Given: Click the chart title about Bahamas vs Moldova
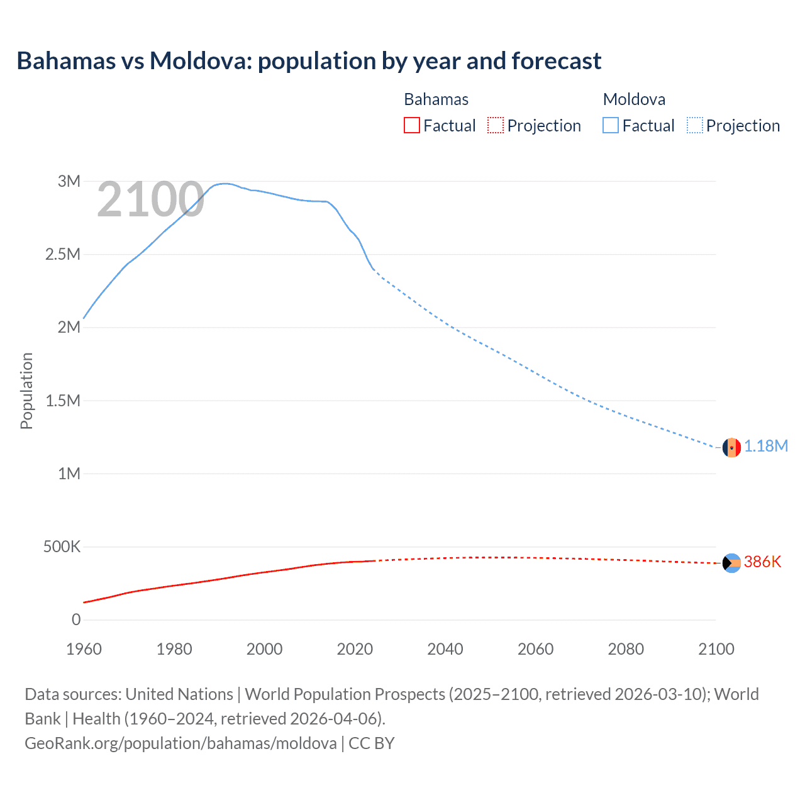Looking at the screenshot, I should (309, 61).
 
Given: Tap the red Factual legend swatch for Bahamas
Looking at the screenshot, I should (411, 125).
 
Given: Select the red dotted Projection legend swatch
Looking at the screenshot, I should (496, 125).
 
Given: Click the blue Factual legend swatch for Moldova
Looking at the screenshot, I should (611, 125).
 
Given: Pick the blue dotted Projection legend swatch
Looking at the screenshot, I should (695, 125).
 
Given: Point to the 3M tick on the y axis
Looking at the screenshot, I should (69, 182).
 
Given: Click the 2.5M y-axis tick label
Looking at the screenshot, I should (63, 255).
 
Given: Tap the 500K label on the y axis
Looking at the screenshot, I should (62, 547).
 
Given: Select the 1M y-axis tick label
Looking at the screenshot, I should (69, 474).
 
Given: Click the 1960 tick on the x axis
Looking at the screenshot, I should (84, 649).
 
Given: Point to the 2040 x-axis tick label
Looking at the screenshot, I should (445, 649).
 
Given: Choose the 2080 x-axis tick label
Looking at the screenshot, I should (626, 649).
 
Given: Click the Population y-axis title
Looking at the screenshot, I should (26, 391).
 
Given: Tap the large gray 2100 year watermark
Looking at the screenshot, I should (150, 200).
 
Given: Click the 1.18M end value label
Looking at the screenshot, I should (766, 447).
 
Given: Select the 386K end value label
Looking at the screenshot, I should (762, 562).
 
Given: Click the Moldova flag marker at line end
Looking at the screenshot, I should (731, 448).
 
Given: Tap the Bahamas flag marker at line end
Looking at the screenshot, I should (731, 563).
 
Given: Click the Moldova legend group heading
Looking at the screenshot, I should (634, 99).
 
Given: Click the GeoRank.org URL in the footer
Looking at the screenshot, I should (180, 743).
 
